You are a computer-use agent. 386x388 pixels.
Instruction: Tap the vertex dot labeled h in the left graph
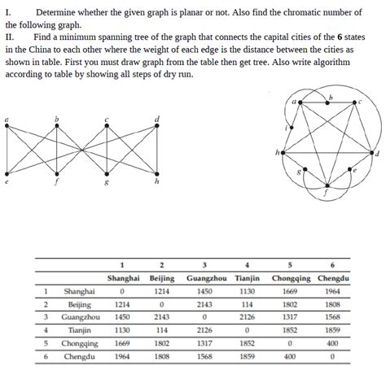pos(157,172)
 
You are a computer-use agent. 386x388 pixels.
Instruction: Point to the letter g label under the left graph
pos(105,183)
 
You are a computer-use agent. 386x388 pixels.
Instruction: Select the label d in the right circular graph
pos(376,153)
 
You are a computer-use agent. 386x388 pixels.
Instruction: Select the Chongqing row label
pos(80,343)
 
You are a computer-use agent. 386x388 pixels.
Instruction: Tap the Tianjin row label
pos(80,330)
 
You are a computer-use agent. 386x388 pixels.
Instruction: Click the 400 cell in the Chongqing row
pos(332,343)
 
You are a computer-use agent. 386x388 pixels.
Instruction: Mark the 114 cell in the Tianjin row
pos(161,330)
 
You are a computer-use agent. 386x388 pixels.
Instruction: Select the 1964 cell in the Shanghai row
pos(332,291)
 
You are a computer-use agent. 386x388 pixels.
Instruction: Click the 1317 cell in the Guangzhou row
pos(290,317)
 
